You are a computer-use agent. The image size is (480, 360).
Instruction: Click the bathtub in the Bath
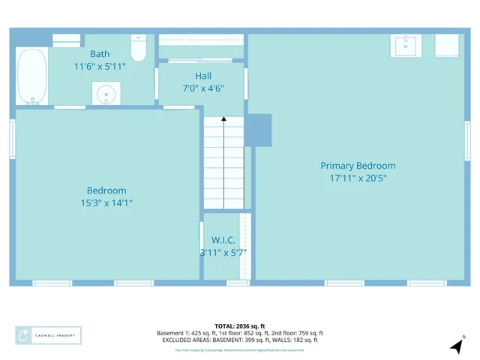coord(32,76)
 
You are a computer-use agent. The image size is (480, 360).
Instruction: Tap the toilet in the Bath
coord(138,49)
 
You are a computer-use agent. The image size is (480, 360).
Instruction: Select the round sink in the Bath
coord(106,94)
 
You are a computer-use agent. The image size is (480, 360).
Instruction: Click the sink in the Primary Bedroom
coord(406,46)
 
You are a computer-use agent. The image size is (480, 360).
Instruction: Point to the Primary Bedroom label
coord(358,166)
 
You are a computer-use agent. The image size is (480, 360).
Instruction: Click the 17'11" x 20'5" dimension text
coord(358,178)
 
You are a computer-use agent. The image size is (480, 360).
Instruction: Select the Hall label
coord(203,76)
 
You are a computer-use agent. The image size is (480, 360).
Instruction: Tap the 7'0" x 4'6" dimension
coord(203,88)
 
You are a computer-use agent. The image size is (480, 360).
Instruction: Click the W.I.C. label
coord(223,240)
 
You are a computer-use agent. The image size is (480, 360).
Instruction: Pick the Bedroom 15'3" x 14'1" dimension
coord(106,202)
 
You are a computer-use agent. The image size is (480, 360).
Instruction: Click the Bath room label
coord(100,54)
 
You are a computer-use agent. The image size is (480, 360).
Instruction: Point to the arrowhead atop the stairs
coord(223,118)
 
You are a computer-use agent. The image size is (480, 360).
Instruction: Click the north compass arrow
coord(457,345)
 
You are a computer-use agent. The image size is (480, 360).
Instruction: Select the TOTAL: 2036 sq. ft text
coord(239,326)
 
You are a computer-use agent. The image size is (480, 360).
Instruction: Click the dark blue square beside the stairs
coord(259,130)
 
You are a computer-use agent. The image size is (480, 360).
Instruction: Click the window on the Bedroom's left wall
coord(12,139)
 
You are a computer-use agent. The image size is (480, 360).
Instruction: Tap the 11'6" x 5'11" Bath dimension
coord(100,67)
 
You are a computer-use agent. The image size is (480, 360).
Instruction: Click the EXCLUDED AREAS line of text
coord(239,340)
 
